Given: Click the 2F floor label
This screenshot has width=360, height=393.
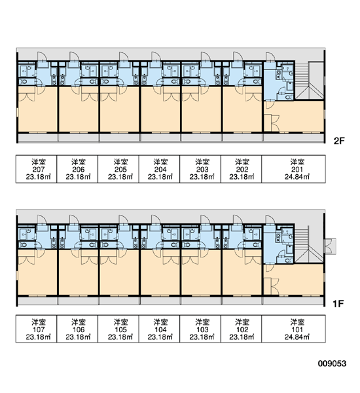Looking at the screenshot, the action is (x=339, y=141).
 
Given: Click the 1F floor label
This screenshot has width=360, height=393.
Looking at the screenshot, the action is (x=338, y=304).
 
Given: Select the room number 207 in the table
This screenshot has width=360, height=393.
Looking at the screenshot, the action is (x=39, y=170).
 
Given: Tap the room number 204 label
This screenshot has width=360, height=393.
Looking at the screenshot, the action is (x=160, y=170).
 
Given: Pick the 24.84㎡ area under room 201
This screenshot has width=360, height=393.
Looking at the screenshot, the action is (x=297, y=177).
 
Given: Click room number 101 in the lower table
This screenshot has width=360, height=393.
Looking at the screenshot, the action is (x=297, y=329).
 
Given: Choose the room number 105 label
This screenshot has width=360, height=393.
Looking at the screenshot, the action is (x=120, y=329).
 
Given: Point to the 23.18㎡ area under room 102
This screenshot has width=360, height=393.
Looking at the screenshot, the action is (x=242, y=337).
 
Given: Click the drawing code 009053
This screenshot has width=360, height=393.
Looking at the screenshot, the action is (x=333, y=364).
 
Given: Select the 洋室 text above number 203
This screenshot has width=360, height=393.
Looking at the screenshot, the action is (x=202, y=162).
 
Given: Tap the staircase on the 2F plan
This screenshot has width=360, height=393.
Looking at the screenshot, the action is (x=309, y=81).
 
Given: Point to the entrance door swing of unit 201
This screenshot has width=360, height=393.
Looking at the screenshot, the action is (x=270, y=56).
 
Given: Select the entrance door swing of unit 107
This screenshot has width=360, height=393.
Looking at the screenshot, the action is (x=42, y=219).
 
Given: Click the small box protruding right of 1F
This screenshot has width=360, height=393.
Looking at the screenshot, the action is (x=331, y=246).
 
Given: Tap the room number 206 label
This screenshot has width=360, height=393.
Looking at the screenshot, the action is (x=78, y=170).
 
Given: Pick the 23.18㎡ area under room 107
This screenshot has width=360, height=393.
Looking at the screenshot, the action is (x=39, y=337).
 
